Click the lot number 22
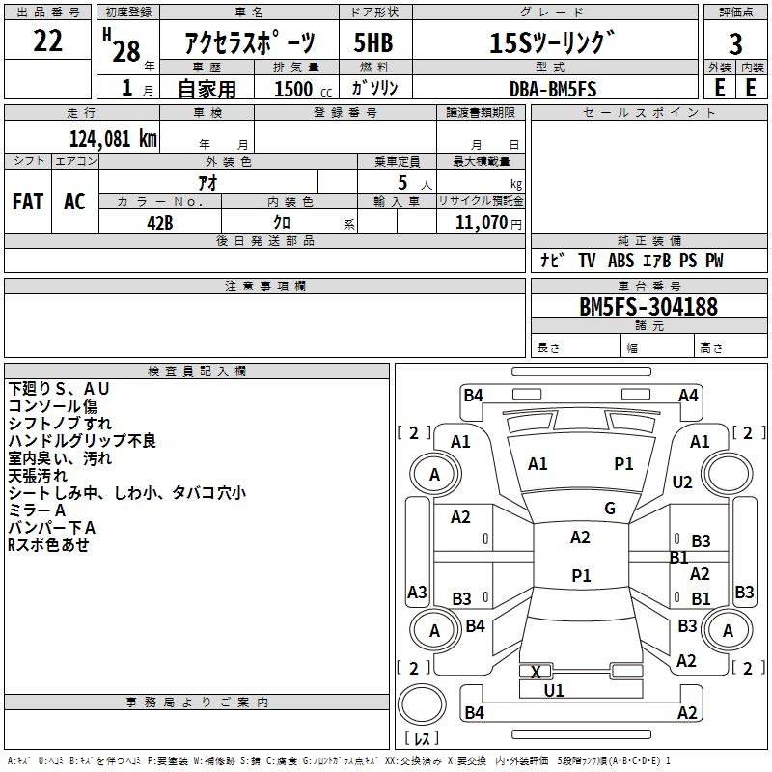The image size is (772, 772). click(47, 41)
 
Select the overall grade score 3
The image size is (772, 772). click(735, 44)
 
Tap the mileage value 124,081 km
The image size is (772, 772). click(113, 139)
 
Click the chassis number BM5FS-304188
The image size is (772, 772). click(648, 306)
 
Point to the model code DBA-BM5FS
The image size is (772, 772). click(553, 89)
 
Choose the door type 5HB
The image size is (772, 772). click(373, 42)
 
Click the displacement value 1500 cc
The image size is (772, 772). click(303, 89)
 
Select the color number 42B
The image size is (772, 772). click(160, 223)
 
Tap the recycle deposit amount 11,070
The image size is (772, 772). click(481, 222)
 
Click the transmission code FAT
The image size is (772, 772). click(28, 202)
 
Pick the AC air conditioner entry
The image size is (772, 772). click(74, 202)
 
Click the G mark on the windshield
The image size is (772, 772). click(610, 509)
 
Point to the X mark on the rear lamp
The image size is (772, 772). click(536, 672)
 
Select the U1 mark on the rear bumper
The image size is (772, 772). click(554, 690)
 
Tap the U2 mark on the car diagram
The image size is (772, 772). click(682, 482)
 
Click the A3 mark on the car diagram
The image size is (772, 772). click(417, 592)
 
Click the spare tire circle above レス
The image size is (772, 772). click(422, 704)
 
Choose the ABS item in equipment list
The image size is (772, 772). click(620, 260)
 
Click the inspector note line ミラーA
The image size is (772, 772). click(37, 510)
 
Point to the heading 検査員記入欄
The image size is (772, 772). click(197, 372)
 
